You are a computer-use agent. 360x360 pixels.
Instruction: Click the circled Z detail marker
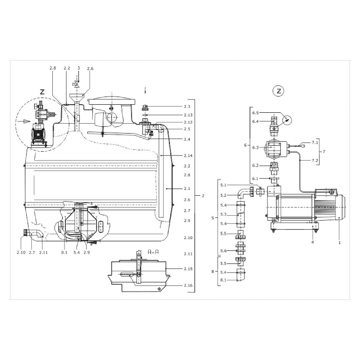[x=279, y=91]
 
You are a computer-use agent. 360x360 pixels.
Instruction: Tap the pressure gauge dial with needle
[x=287, y=120]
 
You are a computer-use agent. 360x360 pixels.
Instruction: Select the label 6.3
[x=255, y=147]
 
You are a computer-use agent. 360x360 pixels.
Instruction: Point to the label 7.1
[x=315, y=142]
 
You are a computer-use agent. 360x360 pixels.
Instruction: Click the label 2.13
[x=188, y=115]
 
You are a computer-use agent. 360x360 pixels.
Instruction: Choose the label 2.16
[x=188, y=285]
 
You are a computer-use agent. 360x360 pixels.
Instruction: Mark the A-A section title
[x=153, y=252]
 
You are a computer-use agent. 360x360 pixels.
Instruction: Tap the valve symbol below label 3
[x=77, y=85]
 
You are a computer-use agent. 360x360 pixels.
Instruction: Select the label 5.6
[x=223, y=251]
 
